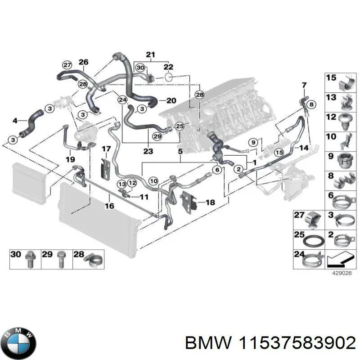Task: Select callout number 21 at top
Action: [150, 55]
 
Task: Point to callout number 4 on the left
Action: [15, 120]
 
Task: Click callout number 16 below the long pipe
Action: [109, 206]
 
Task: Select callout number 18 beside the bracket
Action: [210, 202]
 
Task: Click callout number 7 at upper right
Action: [303, 85]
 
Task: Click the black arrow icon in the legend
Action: [338, 260]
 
